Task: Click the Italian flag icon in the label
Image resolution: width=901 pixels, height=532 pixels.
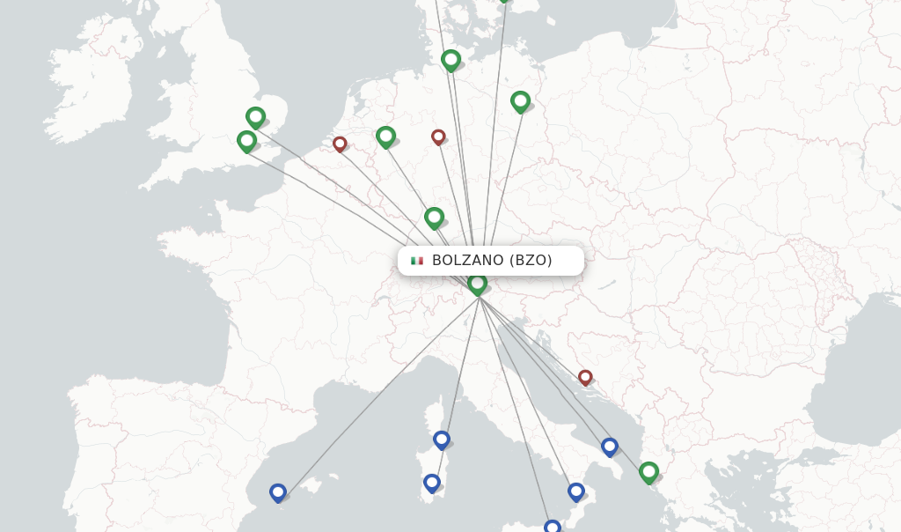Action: (x=417, y=261)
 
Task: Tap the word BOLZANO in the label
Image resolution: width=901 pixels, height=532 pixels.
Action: (x=468, y=261)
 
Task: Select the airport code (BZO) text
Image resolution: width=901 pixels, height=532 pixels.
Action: (x=531, y=261)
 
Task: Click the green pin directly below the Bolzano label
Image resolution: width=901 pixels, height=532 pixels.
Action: (x=477, y=284)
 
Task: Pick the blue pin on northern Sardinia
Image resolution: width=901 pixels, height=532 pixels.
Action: (x=442, y=439)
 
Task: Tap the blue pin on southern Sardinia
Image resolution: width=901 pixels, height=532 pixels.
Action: (x=431, y=483)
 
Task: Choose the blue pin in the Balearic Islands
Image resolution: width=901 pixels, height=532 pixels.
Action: (x=278, y=492)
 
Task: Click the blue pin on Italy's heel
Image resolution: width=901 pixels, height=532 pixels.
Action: (x=609, y=447)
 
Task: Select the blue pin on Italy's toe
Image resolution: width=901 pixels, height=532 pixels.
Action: (x=575, y=491)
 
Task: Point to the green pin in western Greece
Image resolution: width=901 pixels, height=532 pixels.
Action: (x=648, y=472)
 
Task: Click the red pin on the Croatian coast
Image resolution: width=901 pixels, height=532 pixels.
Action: (x=585, y=377)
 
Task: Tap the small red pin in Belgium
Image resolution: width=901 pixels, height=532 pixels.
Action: (x=340, y=144)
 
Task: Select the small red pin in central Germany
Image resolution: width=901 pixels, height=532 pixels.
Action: (x=438, y=137)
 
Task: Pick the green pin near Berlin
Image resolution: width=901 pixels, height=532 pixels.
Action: (x=520, y=101)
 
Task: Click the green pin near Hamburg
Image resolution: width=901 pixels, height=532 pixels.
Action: (x=450, y=60)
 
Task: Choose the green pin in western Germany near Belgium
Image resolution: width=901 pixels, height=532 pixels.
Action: (x=385, y=136)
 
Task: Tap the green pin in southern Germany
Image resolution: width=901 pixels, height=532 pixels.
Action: (x=434, y=217)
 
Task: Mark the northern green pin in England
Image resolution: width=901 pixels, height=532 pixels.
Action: (x=255, y=116)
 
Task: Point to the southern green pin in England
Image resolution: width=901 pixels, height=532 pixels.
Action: (x=246, y=140)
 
